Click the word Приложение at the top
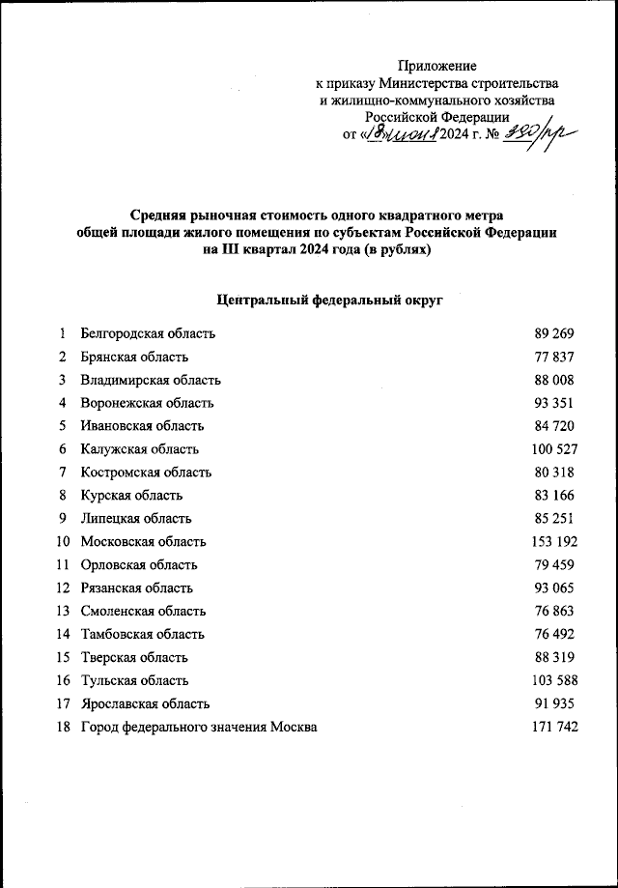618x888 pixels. click(x=438, y=66)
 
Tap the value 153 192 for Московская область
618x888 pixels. click(x=554, y=541)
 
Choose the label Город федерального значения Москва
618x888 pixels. click(x=199, y=727)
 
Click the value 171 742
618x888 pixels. click(x=554, y=727)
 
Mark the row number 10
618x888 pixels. click(x=63, y=541)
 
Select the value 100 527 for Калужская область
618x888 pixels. click(x=554, y=449)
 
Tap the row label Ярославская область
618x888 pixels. click(x=145, y=703)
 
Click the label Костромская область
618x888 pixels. click(x=146, y=473)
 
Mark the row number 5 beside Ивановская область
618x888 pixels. click(x=62, y=426)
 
